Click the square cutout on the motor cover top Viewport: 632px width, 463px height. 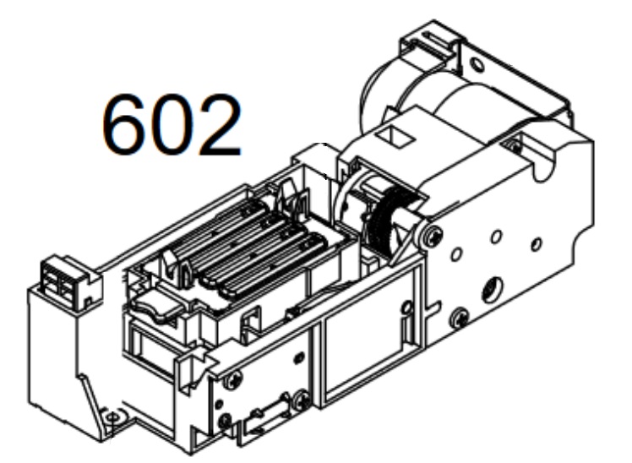[395, 133]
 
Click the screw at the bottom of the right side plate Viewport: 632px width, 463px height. [460, 319]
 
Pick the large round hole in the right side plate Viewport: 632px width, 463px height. [489, 291]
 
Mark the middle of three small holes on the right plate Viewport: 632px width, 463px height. [499, 237]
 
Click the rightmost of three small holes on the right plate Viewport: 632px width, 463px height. [536, 246]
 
